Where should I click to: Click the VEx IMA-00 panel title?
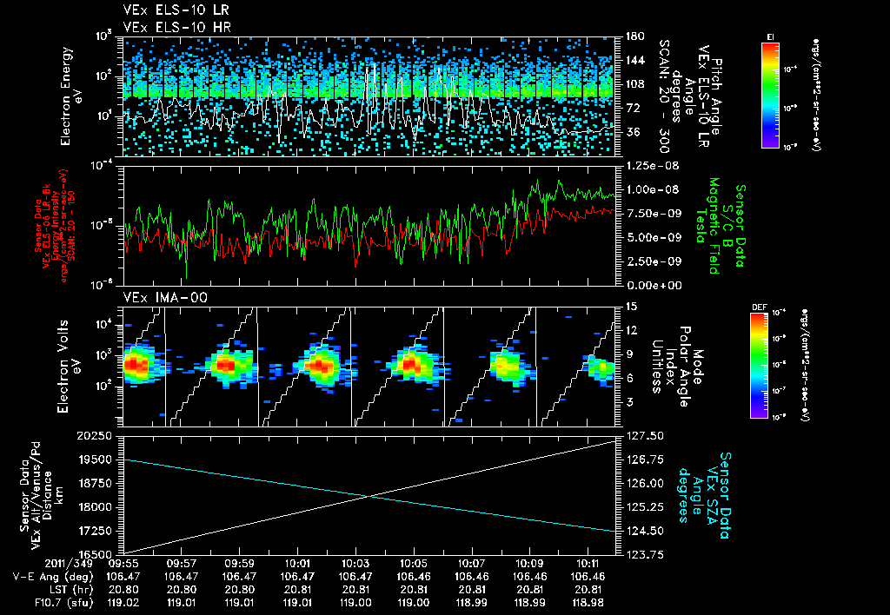[x=157, y=297]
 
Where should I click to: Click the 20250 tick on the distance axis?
[x=98, y=435]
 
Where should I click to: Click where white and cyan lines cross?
[x=369, y=496]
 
